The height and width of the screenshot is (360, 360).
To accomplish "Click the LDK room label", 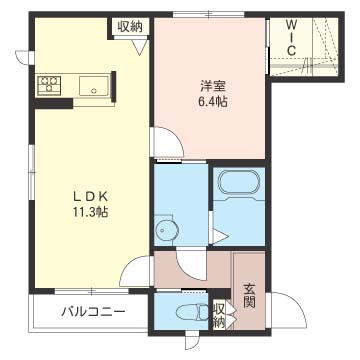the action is pyautogui.click(x=90, y=197).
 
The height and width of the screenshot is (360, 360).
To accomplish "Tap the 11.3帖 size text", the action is pyautogui.click(x=91, y=212).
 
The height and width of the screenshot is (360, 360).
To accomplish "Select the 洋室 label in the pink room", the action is pyautogui.click(x=213, y=86).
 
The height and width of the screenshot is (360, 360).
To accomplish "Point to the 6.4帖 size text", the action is pyautogui.click(x=213, y=101).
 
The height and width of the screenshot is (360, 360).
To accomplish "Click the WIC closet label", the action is pyautogui.click(x=292, y=37).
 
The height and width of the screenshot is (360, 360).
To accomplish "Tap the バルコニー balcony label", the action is pyautogui.click(x=93, y=312).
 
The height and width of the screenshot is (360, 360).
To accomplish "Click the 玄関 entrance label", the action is pyautogui.click(x=249, y=295).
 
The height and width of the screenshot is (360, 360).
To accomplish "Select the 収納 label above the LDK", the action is pyautogui.click(x=130, y=27).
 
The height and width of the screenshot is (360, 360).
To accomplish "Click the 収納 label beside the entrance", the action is pyautogui.click(x=219, y=316).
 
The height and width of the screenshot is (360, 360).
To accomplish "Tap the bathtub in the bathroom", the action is pyautogui.click(x=239, y=183).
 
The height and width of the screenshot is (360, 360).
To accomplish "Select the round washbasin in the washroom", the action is pyautogui.click(x=167, y=230).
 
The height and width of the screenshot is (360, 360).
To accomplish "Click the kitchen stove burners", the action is pyautogui.click(x=50, y=83).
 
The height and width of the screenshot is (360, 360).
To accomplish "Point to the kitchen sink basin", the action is pyautogui.click(x=94, y=86).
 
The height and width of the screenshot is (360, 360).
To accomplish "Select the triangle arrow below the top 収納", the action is pyautogui.click(x=141, y=47).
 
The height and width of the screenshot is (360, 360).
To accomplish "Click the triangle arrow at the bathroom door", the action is pyautogui.click(x=220, y=237).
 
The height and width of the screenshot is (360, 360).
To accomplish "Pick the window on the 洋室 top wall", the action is pyautogui.click(x=209, y=14).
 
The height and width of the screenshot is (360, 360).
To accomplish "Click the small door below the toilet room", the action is pyautogui.click(x=193, y=341).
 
